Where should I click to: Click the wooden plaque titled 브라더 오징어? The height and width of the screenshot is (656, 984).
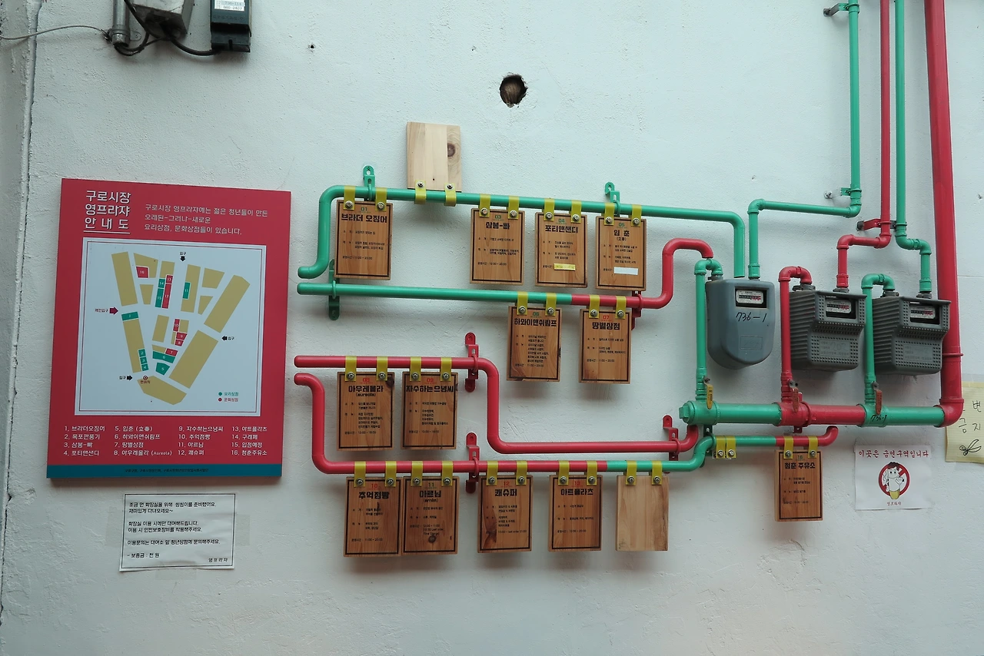point(363,240)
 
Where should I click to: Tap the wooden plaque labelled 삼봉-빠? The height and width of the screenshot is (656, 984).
point(497,246)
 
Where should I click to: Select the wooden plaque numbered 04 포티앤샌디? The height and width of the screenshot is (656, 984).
point(560,250)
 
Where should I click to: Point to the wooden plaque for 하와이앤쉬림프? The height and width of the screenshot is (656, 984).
point(534,343)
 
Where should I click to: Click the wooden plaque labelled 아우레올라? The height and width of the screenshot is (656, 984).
point(365,410)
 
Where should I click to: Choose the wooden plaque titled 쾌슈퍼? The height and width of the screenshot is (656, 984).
point(505,513)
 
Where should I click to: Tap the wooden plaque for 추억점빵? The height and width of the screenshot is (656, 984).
point(372,515)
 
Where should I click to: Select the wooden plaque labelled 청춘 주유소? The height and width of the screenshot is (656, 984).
point(799,485)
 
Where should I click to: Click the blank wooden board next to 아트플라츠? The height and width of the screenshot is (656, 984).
point(642,512)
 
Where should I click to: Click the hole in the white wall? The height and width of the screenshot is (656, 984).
point(513,90)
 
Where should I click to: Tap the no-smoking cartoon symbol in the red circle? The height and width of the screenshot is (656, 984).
point(893,479)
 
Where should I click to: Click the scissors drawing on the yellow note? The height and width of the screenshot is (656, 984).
point(970,446)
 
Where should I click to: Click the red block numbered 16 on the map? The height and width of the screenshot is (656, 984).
point(142,272)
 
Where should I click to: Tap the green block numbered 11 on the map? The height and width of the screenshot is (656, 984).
point(186,290)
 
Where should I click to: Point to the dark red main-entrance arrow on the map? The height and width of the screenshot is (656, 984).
point(112,311)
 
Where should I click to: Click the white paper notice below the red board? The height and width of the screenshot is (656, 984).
point(178,531)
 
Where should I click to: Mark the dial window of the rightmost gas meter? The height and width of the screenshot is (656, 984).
point(922,312)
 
